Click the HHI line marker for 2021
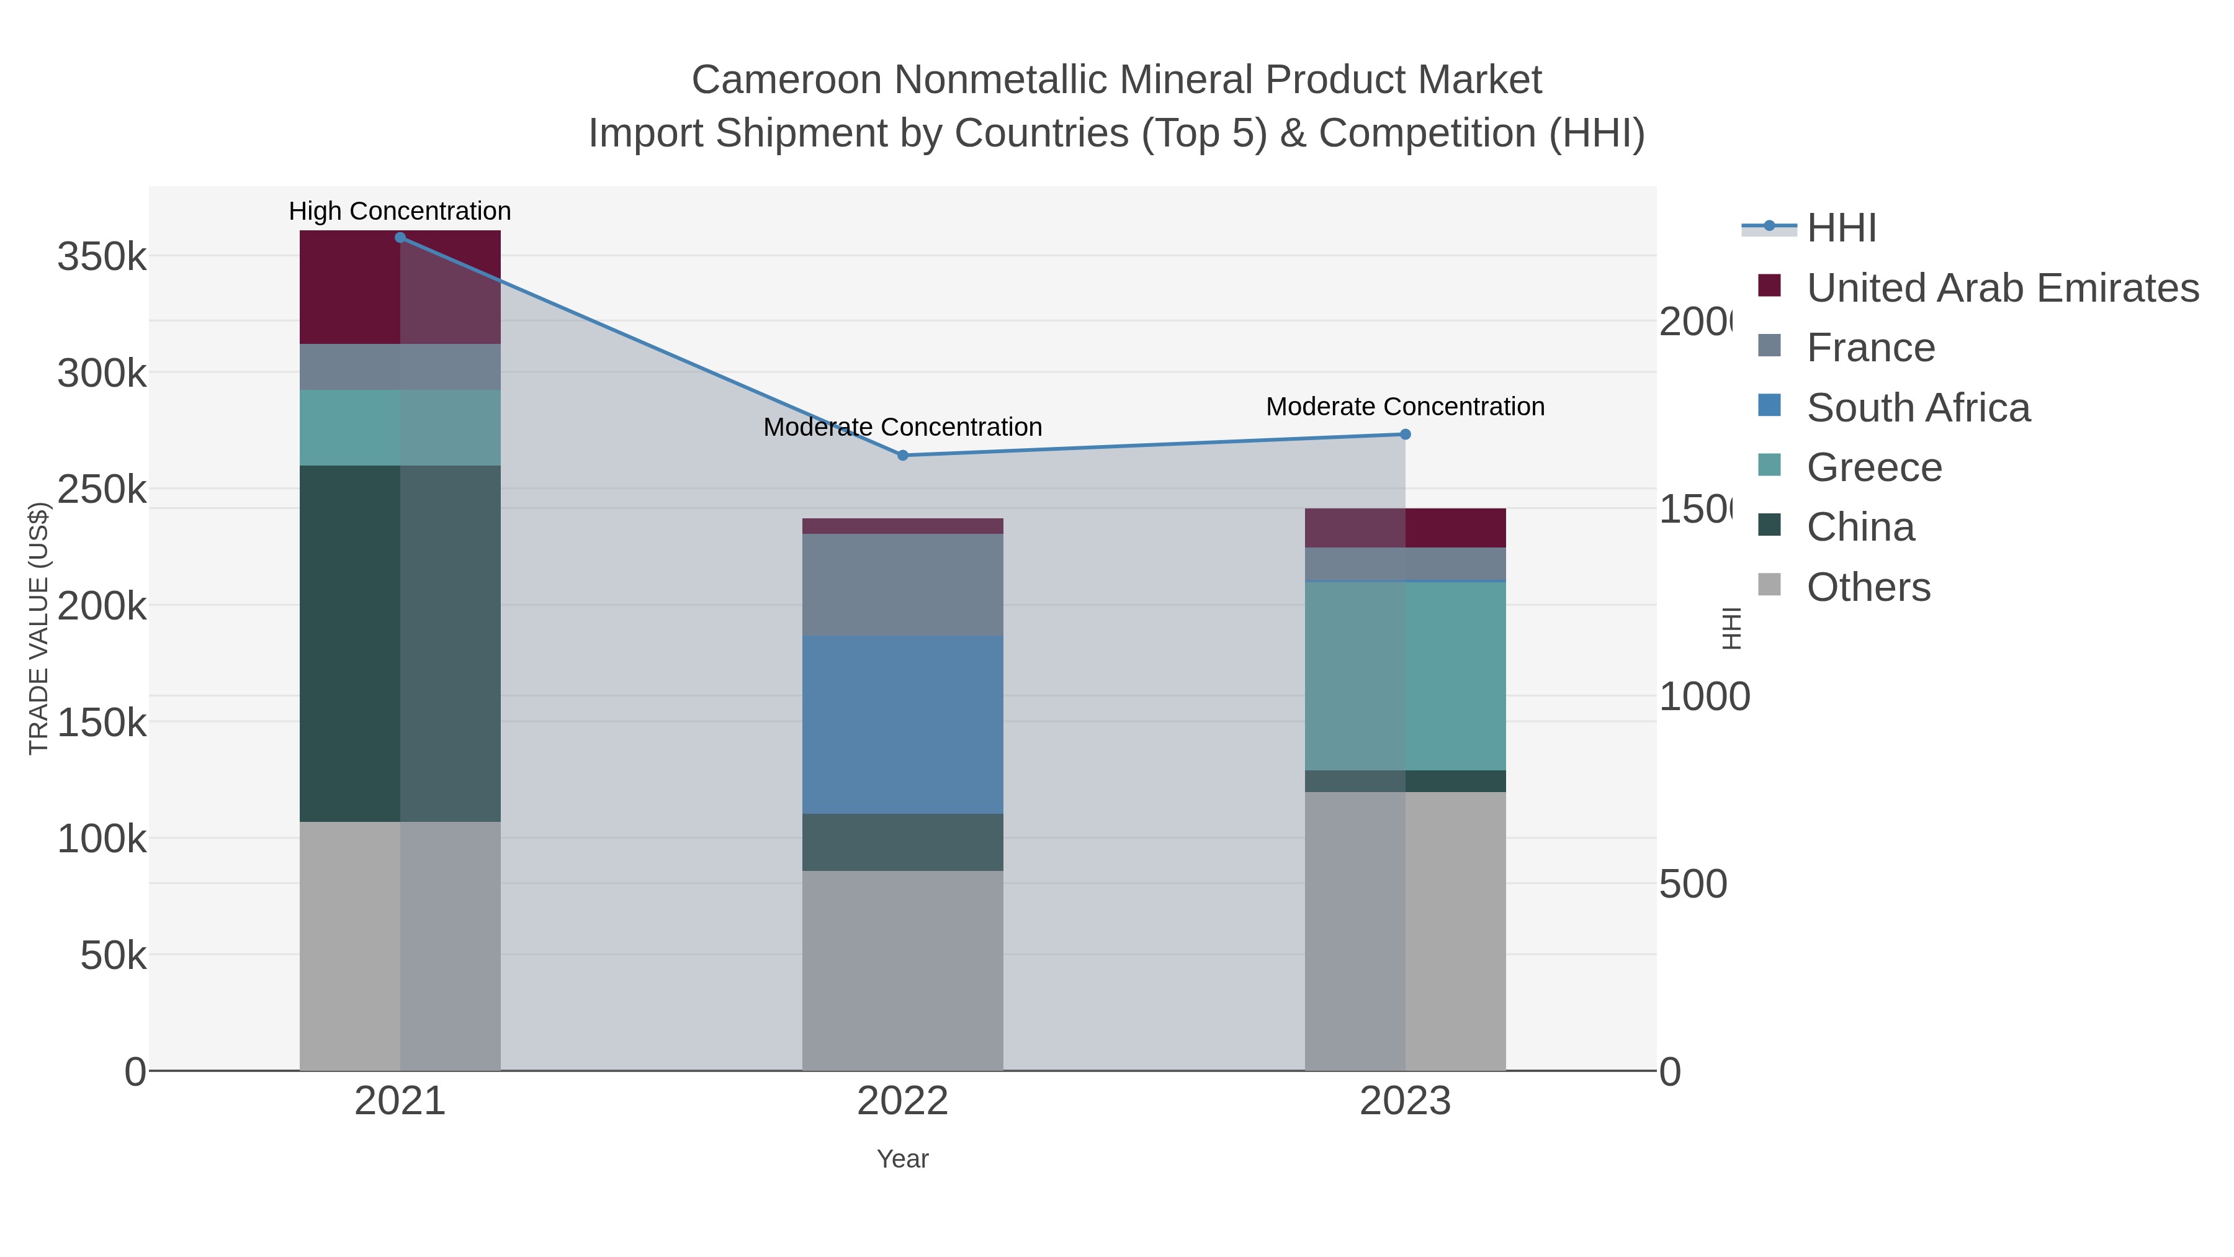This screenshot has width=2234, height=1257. (x=400, y=238)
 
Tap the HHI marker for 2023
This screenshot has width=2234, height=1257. (x=1405, y=435)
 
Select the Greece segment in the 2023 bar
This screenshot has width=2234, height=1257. (x=1405, y=676)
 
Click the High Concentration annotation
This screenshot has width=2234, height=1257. (x=400, y=212)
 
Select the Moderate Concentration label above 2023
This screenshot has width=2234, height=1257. (x=1405, y=407)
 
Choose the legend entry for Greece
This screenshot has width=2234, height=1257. (x=1874, y=467)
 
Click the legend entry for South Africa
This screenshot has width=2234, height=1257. (x=1918, y=408)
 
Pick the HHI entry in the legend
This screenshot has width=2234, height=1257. (x=1841, y=228)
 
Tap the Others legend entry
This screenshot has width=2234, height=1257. (x=1868, y=587)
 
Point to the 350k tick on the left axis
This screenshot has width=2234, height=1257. (x=102, y=258)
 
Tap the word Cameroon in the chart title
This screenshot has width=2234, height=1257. (x=786, y=81)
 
